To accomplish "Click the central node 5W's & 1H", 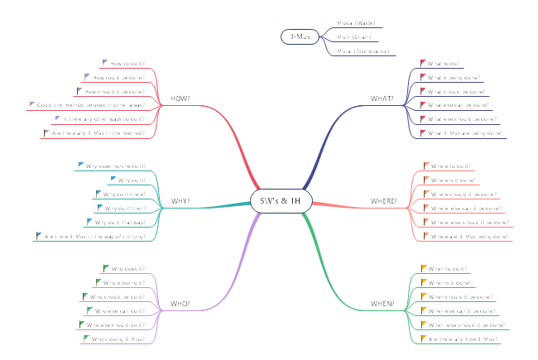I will point(280,201).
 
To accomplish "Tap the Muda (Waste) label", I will point(356,23).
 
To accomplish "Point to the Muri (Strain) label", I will point(354,37).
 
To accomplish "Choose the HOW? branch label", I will point(180,99).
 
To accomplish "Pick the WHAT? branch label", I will point(382,99).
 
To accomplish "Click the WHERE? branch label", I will point(383,201).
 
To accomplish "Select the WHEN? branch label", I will point(382,304).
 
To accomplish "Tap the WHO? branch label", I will point(180,304).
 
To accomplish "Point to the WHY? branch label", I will point(180,201).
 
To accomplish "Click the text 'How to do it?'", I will point(127,63).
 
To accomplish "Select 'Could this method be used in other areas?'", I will point(92,105).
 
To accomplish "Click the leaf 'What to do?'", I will point(445,63).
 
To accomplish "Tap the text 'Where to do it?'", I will point(451,166).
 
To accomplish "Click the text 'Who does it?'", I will point(128,268).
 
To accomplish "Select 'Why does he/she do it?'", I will point(117,166).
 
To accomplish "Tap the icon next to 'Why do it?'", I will point(113,180).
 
